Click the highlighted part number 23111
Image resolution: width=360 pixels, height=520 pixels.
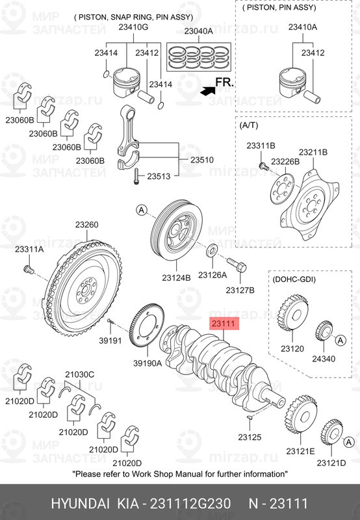224,323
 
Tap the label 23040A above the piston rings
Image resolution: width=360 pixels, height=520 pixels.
199,31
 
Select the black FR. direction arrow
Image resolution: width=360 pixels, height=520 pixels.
208,90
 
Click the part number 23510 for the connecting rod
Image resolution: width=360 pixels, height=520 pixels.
202,160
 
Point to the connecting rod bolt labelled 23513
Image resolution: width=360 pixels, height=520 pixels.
136,176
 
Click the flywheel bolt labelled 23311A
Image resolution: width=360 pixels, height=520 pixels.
28,269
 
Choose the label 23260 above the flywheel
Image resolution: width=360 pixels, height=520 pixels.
86,225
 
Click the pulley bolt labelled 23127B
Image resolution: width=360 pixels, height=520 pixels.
237,265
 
